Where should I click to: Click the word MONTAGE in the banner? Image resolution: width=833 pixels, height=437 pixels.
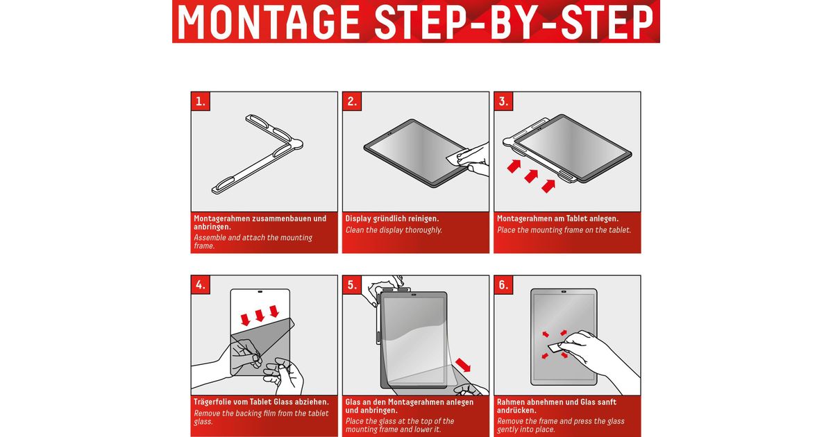point(269,22)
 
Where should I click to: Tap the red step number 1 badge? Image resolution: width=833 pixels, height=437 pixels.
point(201,101)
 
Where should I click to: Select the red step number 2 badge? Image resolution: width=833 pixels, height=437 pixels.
point(352,101)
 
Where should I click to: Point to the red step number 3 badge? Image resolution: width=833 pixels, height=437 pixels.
point(503,101)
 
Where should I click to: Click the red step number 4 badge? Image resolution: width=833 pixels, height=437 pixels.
point(201,284)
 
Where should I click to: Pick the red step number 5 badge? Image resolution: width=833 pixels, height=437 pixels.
point(352,284)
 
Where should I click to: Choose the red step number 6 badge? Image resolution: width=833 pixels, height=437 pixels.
point(503,284)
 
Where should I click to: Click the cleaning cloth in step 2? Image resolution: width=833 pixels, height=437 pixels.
point(455,158)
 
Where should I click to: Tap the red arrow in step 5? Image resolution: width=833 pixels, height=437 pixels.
point(463,365)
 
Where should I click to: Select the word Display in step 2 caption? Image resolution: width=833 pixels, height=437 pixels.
point(358,218)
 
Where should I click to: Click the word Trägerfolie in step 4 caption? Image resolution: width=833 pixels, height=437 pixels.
point(214,402)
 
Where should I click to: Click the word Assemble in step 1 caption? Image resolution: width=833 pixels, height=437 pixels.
point(210,237)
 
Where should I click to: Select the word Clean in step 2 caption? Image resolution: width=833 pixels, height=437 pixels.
point(355,230)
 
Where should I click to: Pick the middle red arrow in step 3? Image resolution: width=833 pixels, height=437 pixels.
point(532,175)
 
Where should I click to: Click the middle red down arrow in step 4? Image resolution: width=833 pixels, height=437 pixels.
point(260,315)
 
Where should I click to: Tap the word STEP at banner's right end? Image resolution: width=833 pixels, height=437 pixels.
point(607,22)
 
